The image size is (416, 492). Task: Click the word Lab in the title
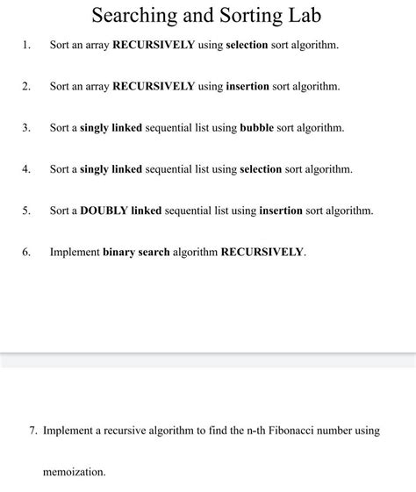(x=302, y=16)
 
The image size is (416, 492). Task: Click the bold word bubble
(x=257, y=127)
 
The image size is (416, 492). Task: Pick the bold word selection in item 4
(x=261, y=168)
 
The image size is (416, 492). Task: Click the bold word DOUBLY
(x=104, y=210)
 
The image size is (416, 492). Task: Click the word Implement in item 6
(x=75, y=252)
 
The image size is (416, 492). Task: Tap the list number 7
(x=33, y=431)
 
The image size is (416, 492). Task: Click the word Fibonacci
(x=293, y=431)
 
